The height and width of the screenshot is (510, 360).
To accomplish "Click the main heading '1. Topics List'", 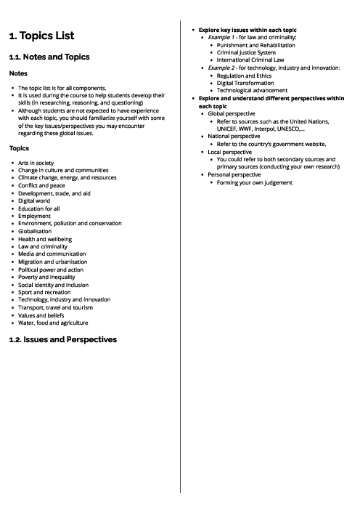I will tap(41, 36).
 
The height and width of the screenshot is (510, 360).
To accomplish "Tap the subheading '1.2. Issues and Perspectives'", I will tap(62, 339).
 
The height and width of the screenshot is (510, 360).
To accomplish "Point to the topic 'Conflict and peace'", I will tap(43, 185).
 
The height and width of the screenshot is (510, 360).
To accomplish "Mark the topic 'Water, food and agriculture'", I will tap(53, 322).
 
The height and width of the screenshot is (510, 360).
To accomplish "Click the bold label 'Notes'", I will tap(18, 73).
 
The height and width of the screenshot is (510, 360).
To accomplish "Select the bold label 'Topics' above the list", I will tap(20, 147).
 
